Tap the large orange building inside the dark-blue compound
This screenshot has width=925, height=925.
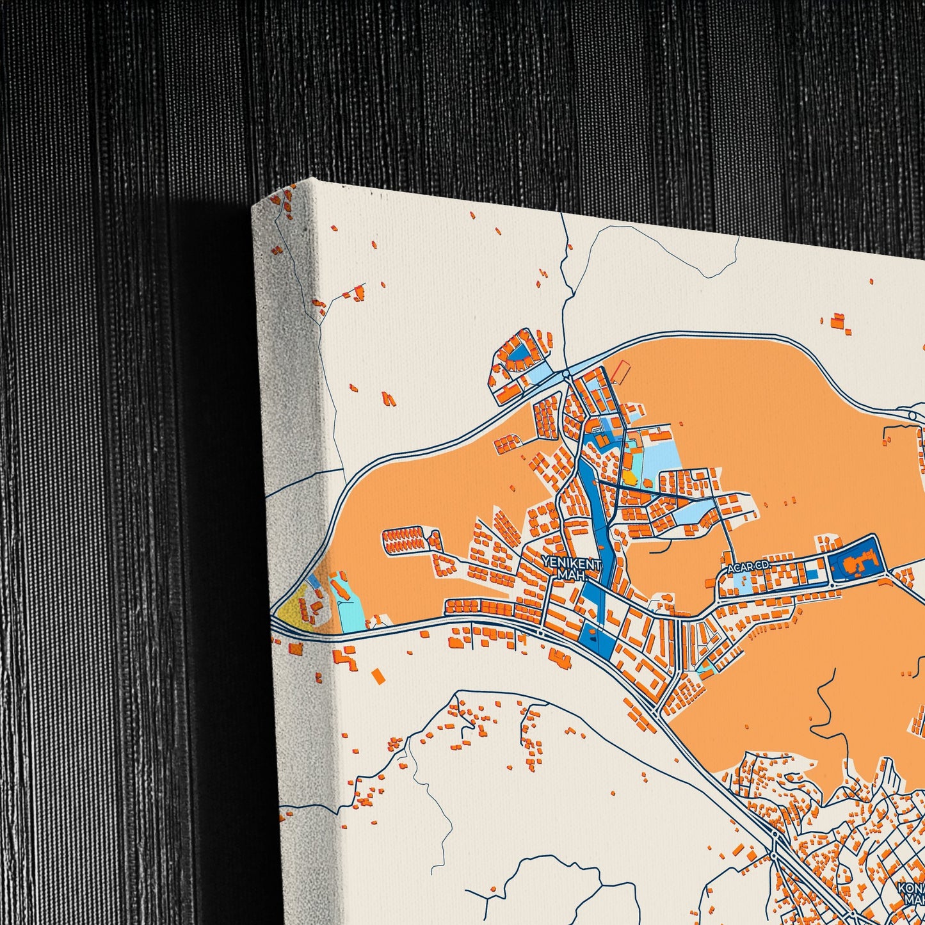pos(850,565)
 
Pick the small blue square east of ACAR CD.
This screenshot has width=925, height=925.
pos(812,574)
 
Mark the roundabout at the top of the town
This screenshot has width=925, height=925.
pos(567,373)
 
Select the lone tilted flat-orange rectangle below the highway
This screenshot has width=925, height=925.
pos(378,675)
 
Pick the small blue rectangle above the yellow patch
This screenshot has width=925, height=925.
pos(312,580)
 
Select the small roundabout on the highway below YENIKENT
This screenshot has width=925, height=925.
pos(541,632)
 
